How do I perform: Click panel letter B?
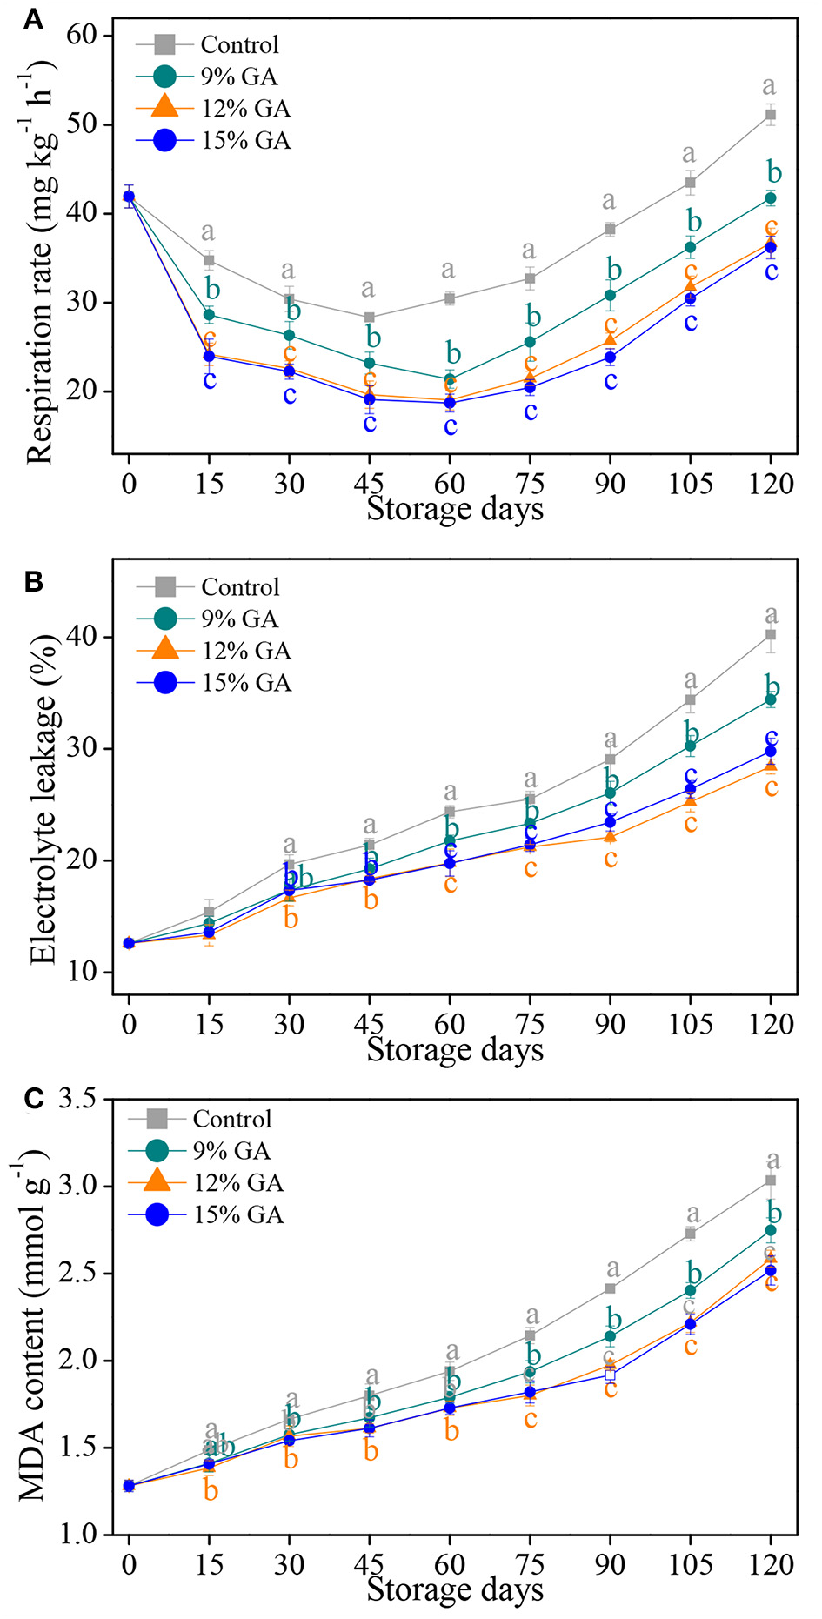click(x=32, y=581)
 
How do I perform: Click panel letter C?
click(x=33, y=1099)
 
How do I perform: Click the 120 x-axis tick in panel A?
click(x=771, y=484)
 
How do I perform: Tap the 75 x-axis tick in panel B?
click(x=530, y=1024)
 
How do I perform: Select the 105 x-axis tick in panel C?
click(x=691, y=1564)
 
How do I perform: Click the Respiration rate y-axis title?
click(x=40, y=261)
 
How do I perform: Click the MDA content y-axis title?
click(x=33, y=1328)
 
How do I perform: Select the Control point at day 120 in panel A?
click(x=770, y=115)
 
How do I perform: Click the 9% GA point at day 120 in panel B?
click(x=770, y=699)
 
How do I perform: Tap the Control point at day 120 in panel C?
click(x=770, y=1181)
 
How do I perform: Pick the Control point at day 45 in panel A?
click(x=370, y=318)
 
